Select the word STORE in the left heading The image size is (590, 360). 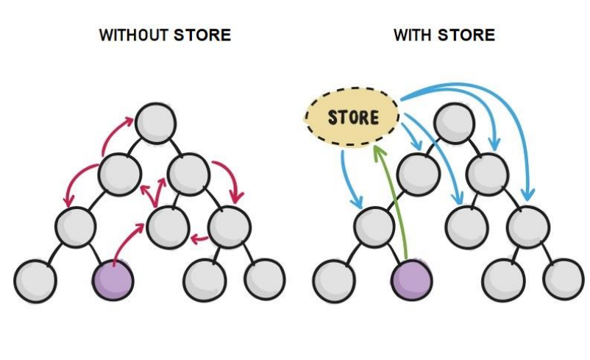tap(202, 35)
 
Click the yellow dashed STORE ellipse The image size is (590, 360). tap(352, 117)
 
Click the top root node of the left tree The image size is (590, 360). tap(155, 122)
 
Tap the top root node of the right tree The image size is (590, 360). tap(454, 122)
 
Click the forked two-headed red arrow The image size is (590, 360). tap(155, 193)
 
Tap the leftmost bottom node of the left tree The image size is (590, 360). tap(35, 280)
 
